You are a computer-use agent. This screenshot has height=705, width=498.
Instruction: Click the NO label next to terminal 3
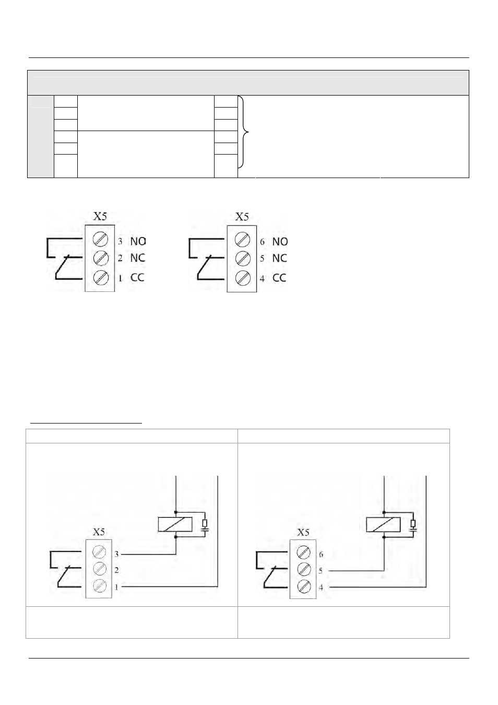pos(138,241)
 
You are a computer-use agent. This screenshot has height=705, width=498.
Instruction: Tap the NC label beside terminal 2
pos(138,258)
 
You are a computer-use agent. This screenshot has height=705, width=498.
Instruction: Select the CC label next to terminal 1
pos(137,278)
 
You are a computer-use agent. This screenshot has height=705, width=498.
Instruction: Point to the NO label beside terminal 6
pos(280,242)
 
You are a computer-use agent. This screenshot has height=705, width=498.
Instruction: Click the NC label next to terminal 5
pos(280,258)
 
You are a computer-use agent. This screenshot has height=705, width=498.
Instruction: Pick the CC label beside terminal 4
pos(279,278)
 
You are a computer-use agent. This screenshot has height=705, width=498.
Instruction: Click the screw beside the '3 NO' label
pos(101,240)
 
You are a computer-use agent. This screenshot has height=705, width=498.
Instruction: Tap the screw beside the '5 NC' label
pos(243,258)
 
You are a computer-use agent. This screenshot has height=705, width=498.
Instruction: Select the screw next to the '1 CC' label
pos(101,278)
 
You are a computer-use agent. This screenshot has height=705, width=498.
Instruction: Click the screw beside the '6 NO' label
pos(243,240)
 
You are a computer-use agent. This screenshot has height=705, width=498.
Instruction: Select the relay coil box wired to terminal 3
pos(175,525)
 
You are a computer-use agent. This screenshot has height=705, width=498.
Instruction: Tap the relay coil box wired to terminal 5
pos(384,525)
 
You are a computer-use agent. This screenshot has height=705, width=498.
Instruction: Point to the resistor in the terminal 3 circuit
pos(205,523)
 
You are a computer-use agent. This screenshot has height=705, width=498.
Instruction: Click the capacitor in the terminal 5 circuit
pos(413,530)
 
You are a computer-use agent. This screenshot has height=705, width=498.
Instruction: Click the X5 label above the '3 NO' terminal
pos(100,216)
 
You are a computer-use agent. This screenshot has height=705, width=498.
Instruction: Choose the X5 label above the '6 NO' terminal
pos(242,217)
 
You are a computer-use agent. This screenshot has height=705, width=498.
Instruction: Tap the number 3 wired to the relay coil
pos(117,554)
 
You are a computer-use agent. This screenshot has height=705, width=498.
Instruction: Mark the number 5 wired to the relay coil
pos(321,571)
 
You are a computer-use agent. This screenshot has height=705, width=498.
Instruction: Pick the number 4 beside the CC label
pos(262,278)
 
